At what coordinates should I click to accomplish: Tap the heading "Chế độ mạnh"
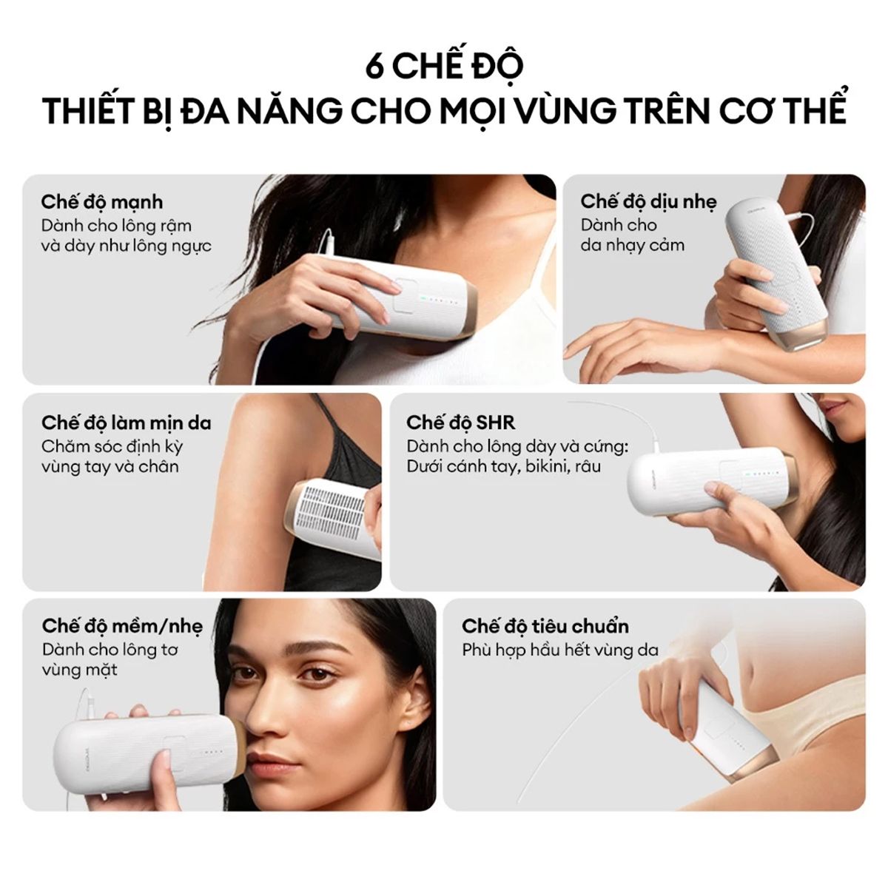(102, 202)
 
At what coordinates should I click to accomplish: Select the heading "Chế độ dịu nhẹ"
(648, 201)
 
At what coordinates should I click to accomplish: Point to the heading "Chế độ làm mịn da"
(127, 423)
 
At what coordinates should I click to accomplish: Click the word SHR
(496, 423)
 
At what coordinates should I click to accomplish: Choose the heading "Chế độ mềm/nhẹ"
(122, 626)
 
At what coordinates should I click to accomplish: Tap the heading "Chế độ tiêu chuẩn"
(545, 626)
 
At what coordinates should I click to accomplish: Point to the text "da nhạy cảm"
(632, 246)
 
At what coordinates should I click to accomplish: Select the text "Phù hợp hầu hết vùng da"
(560, 650)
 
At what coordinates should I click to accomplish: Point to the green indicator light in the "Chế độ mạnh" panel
(421, 299)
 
